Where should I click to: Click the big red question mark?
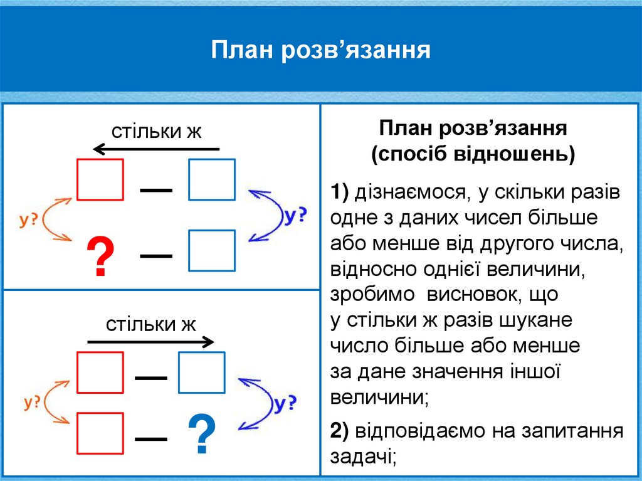coord(100,258)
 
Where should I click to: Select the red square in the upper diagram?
coord(100,179)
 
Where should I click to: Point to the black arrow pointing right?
coord(150,342)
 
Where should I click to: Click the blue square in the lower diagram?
coord(202,372)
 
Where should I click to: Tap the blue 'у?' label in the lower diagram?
coord(284,404)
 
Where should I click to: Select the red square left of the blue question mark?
coord(100,432)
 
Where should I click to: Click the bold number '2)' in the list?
coord(340,430)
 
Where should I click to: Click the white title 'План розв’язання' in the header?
coord(320,50)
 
